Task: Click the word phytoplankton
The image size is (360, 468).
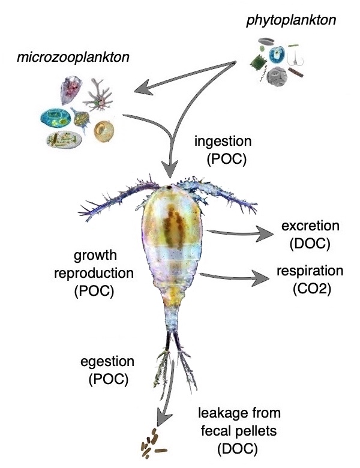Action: (290, 22)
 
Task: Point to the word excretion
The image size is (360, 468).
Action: (310, 226)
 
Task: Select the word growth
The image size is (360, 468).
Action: (95, 257)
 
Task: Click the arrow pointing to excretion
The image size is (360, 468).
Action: (240, 233)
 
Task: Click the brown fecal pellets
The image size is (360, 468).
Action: (152, 445)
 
